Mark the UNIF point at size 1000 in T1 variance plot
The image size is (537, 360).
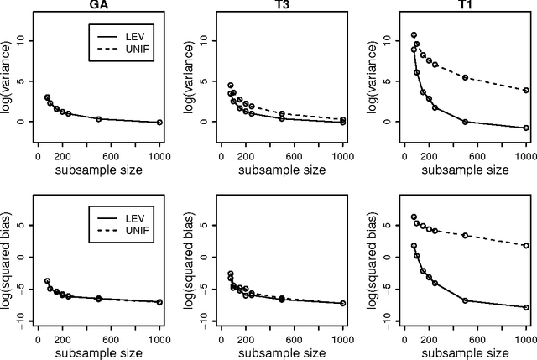(526, 90)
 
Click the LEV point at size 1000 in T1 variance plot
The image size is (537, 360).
(526, 128)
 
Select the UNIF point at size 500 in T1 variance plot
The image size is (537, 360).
(465, 77)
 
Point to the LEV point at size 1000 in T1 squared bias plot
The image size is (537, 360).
(526, 308)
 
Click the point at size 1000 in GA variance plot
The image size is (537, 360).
(159, 123)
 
